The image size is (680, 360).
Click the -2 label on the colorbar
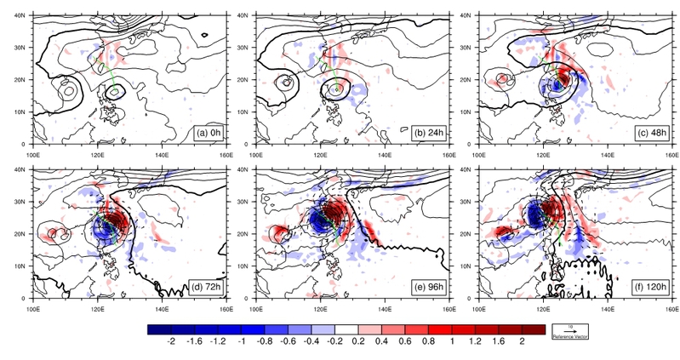click(x=173, y=340)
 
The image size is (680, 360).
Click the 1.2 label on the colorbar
click(x=476, y=340)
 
